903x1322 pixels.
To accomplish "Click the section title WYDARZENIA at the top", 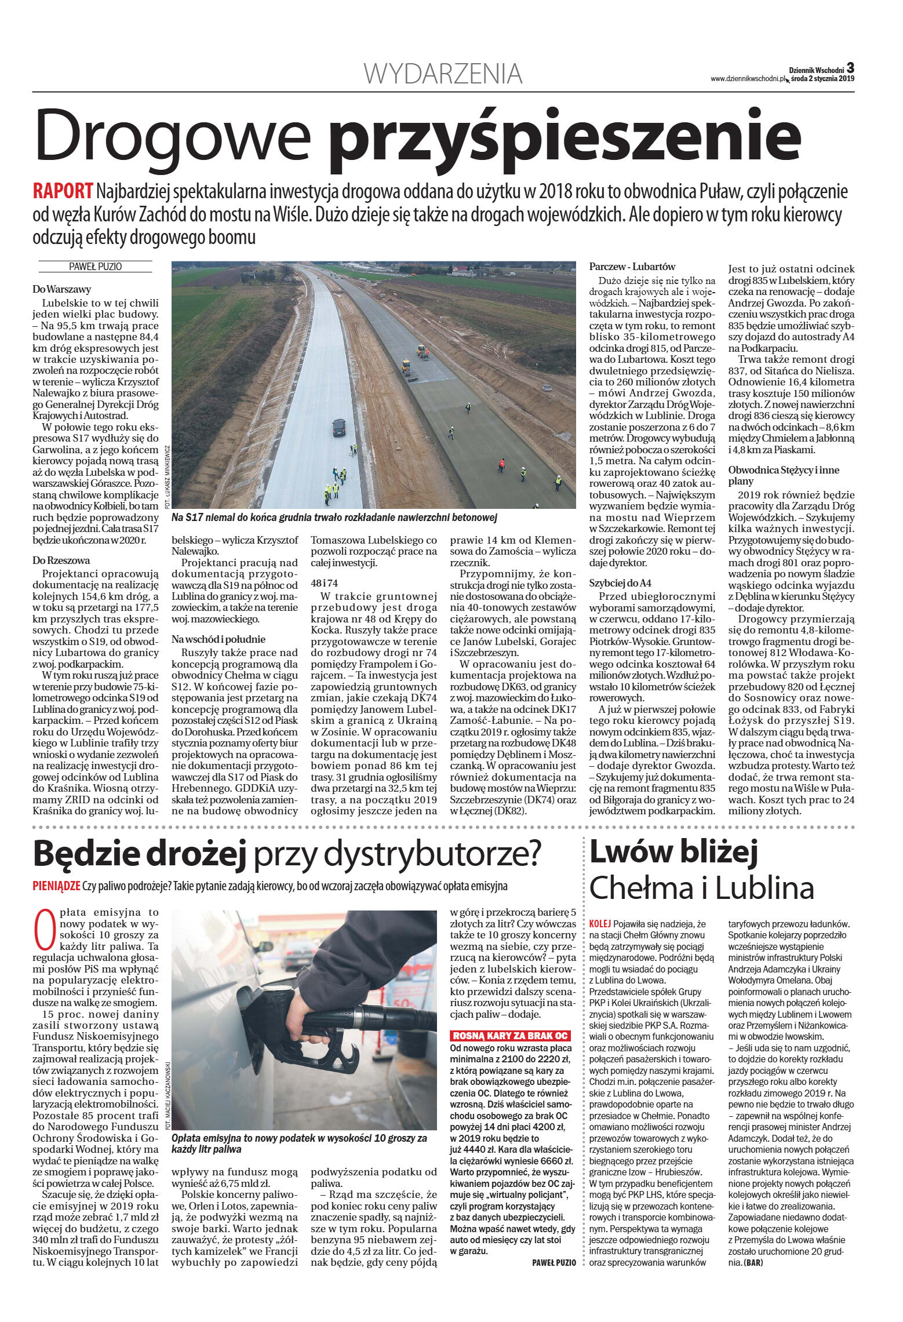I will pos(443,74).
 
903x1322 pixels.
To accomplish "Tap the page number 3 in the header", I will pos(850,68).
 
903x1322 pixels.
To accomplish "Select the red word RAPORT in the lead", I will pos(63,191).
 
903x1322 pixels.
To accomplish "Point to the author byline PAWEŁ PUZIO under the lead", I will pos(95,267).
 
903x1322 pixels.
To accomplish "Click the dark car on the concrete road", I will pos(339,428).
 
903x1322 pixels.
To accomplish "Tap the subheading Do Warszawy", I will pos(61,289).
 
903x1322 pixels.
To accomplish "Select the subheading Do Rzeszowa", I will pos(61,560).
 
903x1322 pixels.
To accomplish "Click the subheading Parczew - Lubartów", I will pos(632,267).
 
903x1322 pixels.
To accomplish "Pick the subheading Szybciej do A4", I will pos(620,583).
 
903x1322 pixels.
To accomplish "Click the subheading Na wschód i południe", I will pos(218,639).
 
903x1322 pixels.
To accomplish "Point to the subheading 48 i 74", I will pos(324,583).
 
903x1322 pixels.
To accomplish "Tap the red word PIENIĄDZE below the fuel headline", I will pos(56,886).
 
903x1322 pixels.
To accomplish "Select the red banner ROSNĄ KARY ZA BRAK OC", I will pos(510,1036).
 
